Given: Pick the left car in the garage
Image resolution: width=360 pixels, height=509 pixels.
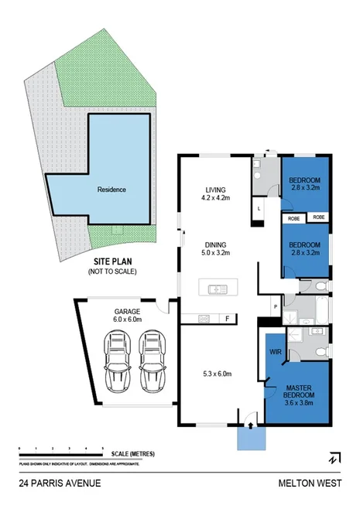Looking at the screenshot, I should tap(118, 361).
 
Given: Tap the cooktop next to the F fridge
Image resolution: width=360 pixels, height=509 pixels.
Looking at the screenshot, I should tap(204, 317).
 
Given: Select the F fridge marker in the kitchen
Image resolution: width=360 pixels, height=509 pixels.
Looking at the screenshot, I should tap(227, 317).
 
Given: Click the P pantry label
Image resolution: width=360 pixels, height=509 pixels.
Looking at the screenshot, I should tap(275, 307).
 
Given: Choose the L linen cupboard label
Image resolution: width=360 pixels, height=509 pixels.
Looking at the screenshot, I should tap(259, 208).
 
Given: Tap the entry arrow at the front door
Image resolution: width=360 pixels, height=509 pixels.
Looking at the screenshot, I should tap(249, 423).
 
